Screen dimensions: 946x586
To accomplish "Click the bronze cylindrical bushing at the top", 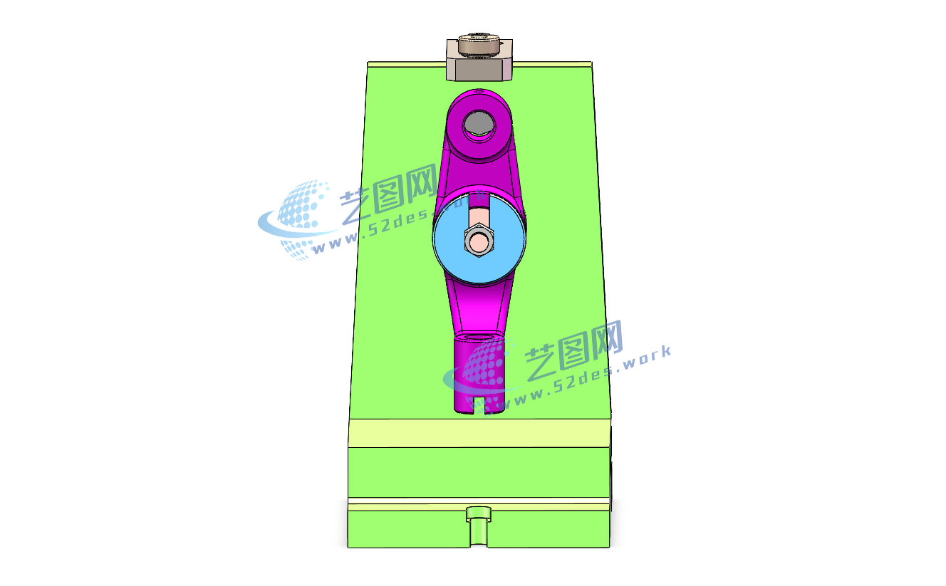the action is pyautogui.click(x=479, y=44).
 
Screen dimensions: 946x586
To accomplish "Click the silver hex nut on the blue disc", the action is pyautogui.click(x=479, y=241).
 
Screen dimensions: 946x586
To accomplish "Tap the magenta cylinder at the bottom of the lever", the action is pyautogui.click(x=479, y=374).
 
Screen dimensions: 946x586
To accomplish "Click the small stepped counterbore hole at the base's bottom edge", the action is pyautogui.click(x=479, y=527).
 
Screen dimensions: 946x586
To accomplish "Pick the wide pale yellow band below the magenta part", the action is pyautogui.click(x=479, y=433).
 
